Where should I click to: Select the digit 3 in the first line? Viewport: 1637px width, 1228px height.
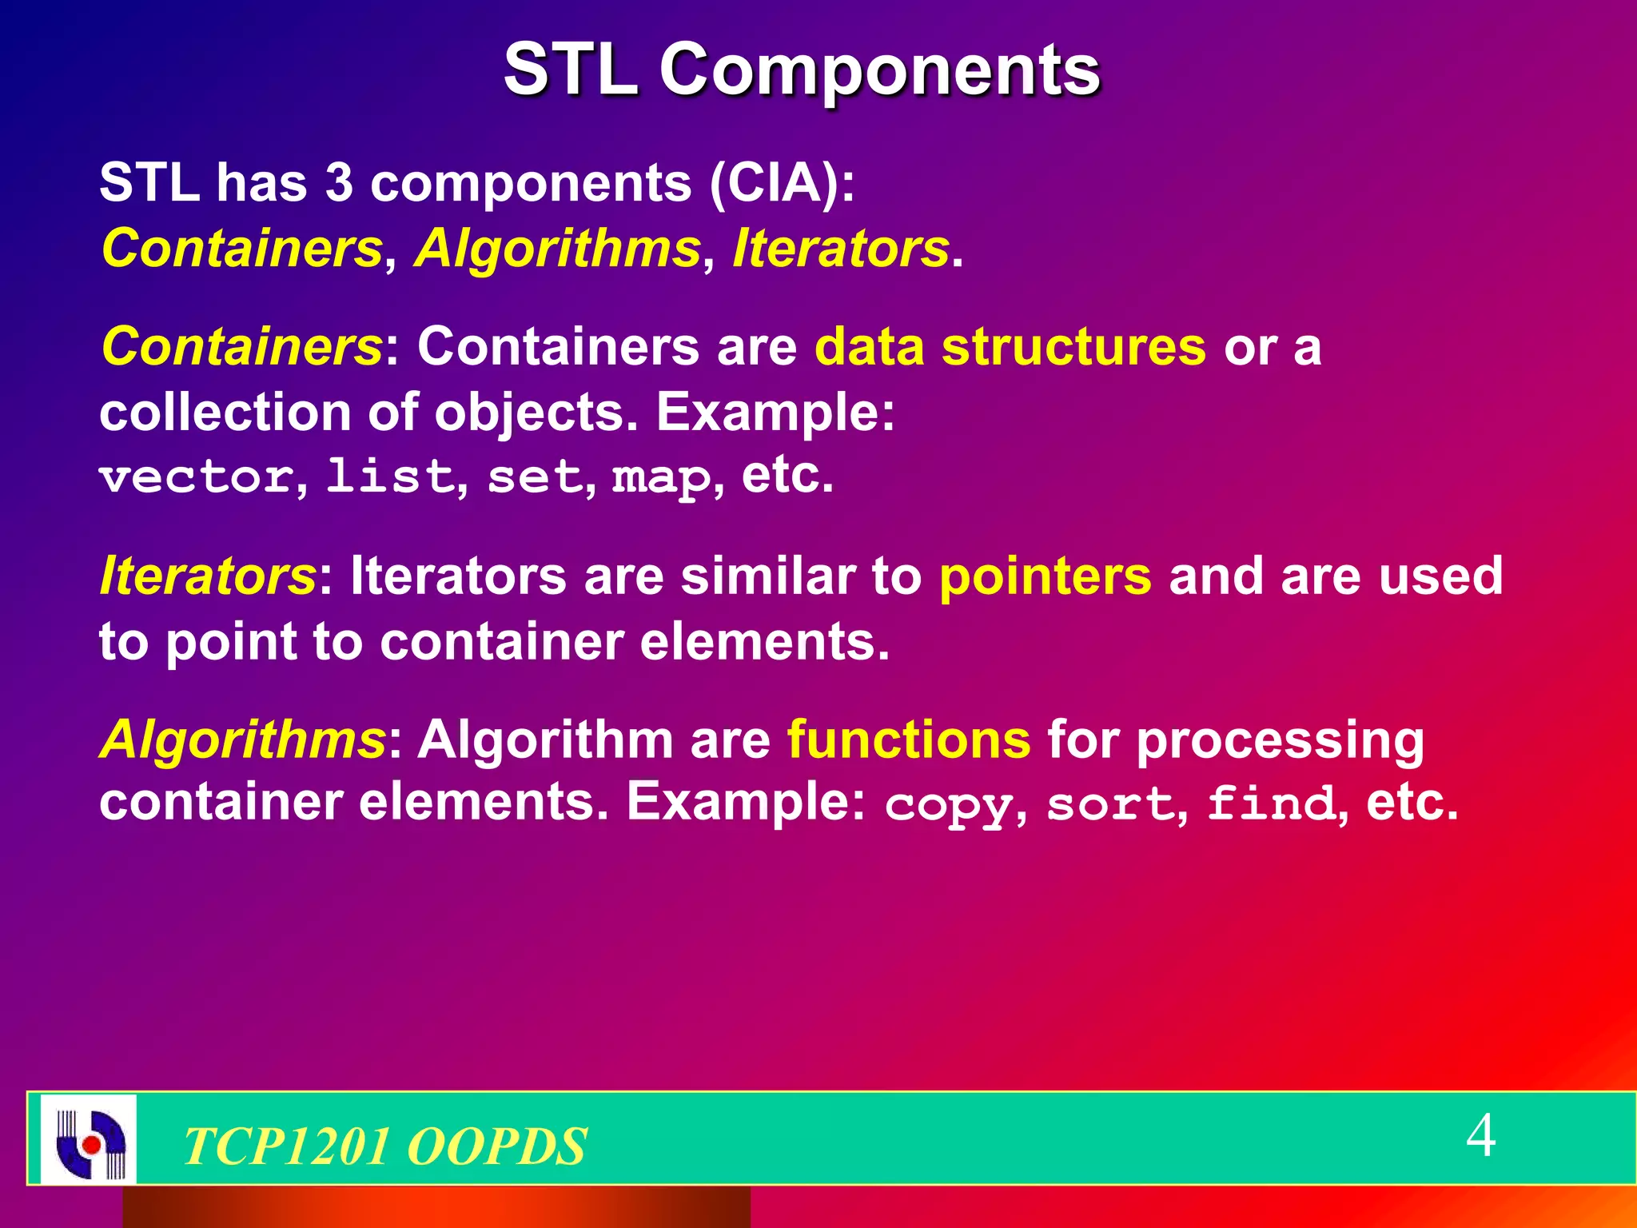click(x=339, y=183)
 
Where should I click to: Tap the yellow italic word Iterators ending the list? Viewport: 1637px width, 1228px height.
click(x=840, y=249)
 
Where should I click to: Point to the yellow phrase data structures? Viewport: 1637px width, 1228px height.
click(x=1010, y=347)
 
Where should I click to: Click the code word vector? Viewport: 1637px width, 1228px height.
click(x=197, y=477)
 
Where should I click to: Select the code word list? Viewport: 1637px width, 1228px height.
click(x=390, y=477)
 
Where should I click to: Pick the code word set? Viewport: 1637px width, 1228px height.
click(x=535, y=477)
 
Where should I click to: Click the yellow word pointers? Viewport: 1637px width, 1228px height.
click(x=1045, y=576)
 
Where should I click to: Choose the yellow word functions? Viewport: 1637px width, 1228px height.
click(x=909, y=740)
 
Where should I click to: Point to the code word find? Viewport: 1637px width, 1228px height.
click(x=1271, y=803)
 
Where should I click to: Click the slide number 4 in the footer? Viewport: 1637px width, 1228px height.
click(x=1480, y=1135)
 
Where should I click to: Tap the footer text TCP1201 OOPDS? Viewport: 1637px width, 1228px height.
click(x=384, y=1146)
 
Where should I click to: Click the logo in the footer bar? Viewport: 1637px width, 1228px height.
click(x=89, y=1138)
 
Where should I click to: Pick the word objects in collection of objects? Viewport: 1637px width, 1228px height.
click(x=528, y=413)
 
